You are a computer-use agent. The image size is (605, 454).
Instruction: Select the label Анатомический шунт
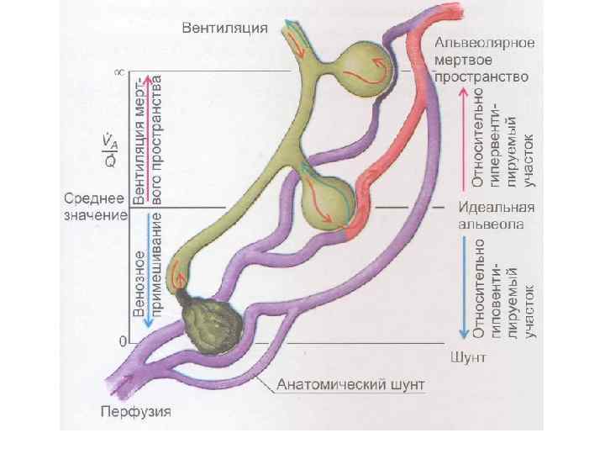click(x=351, y=385)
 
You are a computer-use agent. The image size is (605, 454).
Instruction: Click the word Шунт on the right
click(x=469, y=356)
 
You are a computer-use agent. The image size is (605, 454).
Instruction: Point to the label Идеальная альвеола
click(x=496, y=215)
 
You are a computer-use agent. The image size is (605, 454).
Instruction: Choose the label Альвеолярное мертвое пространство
click(x=486, y=60)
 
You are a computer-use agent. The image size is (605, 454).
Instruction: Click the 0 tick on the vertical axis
click(x=122, y=341)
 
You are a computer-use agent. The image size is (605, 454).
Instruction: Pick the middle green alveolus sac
click(x=328, y=202)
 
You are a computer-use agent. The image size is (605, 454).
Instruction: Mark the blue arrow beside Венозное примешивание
click(x=150, y=273)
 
